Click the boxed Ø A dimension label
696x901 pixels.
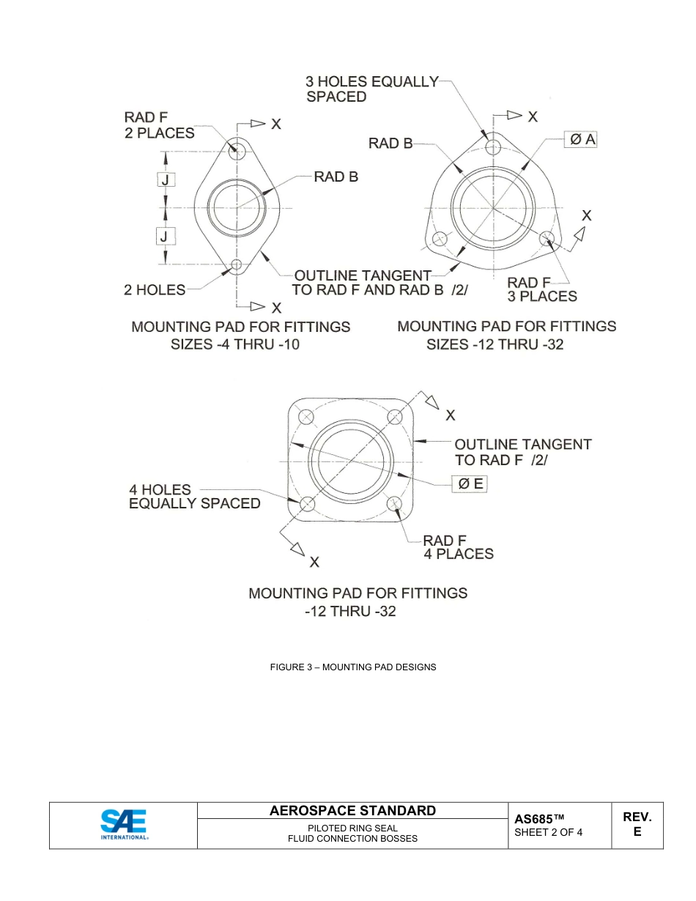(580, 139)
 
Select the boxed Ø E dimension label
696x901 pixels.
(469, 483)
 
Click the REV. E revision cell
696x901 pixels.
(637, 824)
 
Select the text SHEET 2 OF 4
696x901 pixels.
(548, 832)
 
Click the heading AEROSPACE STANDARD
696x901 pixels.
(352, 810)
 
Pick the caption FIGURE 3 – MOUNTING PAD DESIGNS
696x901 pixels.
(353, 667)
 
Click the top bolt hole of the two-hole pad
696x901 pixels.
(237, 151)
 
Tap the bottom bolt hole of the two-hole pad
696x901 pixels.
(237, 264)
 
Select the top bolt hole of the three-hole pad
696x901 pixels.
(493, 147)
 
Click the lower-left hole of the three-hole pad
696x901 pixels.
(440, 239)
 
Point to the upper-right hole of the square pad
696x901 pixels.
(396, 416)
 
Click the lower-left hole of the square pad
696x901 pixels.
(307, 504)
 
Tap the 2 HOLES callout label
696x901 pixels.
(155, 290)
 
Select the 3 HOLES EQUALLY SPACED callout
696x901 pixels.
(371, 89)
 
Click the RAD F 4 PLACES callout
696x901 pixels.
(459, 547)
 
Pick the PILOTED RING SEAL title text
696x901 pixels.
(352, 828)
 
